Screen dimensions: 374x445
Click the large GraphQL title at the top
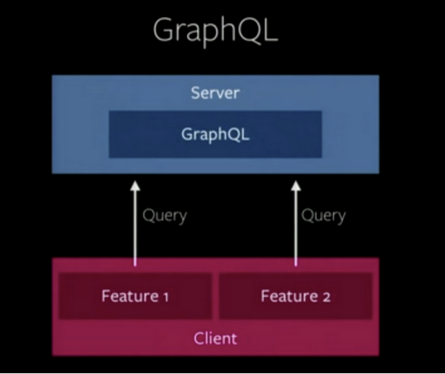coord(216,30)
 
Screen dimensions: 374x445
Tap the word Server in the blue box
coord(215,94)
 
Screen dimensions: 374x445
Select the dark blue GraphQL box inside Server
coord(215,134)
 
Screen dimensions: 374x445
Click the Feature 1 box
coord(135,296)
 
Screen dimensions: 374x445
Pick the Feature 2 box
coord(295,296)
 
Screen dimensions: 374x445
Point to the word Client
coord(215,338)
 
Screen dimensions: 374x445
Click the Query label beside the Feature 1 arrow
coord(165,216)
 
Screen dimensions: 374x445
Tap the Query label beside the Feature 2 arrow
coord(324,216)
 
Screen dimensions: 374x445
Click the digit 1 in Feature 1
coord(165,297)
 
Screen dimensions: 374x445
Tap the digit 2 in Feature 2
coord(326,297)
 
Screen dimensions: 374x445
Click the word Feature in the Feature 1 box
coord(128,296)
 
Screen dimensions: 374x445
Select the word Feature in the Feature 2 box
coord(287,296)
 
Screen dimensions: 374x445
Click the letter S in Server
coord(195,94)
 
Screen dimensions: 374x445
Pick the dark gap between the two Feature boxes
coord(215,296)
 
